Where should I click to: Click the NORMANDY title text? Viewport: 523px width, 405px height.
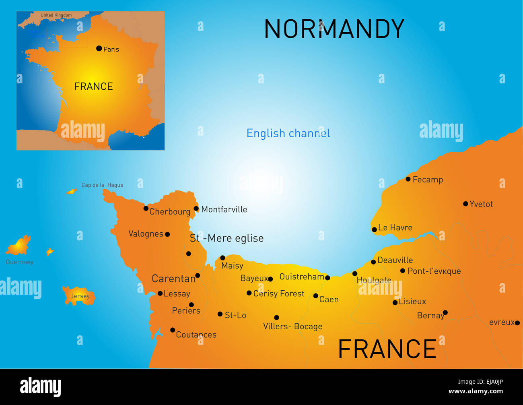[x=334, y=29]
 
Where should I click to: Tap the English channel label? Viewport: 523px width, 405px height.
[x=288, y=133]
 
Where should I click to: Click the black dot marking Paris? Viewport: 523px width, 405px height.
[x=99, y=48]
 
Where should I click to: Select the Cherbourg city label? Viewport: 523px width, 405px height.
[x=169, y=212]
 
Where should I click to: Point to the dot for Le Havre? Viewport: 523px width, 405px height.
[x=374, y=229]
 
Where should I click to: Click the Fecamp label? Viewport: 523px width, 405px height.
[x=428, y=180]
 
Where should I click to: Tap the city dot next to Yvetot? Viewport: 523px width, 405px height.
[x=465, y=204]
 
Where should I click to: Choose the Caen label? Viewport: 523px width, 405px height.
[x=329, y=300]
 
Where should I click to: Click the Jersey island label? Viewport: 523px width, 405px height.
[x=80, y=296]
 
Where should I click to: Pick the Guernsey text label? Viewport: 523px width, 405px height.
[x=20, y=262]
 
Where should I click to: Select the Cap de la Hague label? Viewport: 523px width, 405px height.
[x=102, y=185]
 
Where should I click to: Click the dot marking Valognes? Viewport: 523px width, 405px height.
[x=167, y=234]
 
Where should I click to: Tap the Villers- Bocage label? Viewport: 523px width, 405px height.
[x=292, y=326]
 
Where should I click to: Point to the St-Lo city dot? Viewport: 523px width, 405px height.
[x=220, y=314]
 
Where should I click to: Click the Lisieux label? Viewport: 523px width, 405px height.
[x=412, y=302]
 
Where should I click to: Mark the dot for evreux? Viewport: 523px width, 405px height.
[x=517, y=323]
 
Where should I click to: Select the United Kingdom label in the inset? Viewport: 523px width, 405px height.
[x=56, y=15]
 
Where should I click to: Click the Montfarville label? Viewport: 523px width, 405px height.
[x=224, y=209]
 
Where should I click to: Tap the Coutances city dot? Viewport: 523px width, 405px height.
[x=173, y=330]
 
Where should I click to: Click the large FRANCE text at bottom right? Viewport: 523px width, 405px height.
[x=387, y=349]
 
